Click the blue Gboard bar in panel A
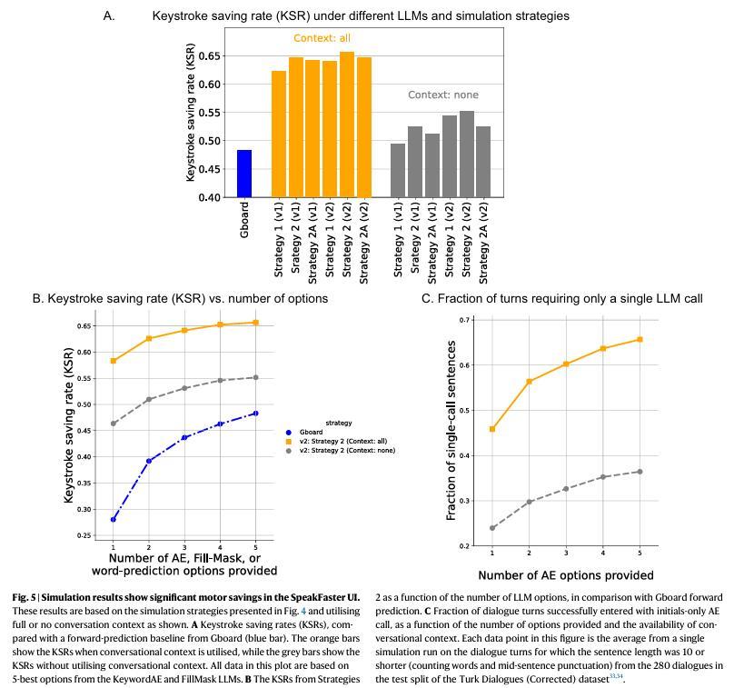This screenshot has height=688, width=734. [244, 174]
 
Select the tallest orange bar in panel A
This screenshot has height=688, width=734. [347, 125]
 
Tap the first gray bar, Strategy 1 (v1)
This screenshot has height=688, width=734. [398, 170]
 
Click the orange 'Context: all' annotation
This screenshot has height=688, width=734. [322, 38]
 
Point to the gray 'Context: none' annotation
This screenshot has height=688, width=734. [442, 95]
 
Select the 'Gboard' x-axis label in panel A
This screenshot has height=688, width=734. [244, 220]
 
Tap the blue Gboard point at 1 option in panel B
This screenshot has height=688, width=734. [114, 520]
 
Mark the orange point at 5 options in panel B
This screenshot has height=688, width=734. [255, 323]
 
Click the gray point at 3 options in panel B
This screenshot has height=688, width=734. [184, 388]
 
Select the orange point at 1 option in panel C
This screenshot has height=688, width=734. [492, 429]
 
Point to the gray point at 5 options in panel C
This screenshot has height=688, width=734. [640, 472]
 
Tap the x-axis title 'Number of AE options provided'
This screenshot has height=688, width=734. [565, 575]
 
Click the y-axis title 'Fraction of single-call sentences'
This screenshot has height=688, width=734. [451, 433]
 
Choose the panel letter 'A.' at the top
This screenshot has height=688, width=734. [109, 15]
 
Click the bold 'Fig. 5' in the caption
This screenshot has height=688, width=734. [25, 597]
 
